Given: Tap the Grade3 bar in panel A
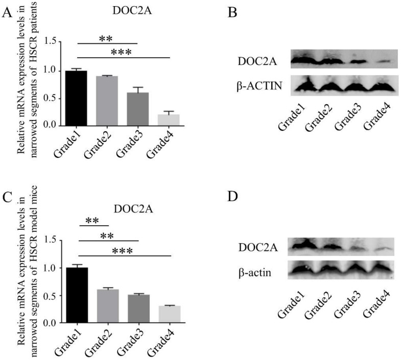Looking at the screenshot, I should pos(138,109).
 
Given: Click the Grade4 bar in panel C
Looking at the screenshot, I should pos(169,315).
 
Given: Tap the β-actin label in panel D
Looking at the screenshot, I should pos(254,274).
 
